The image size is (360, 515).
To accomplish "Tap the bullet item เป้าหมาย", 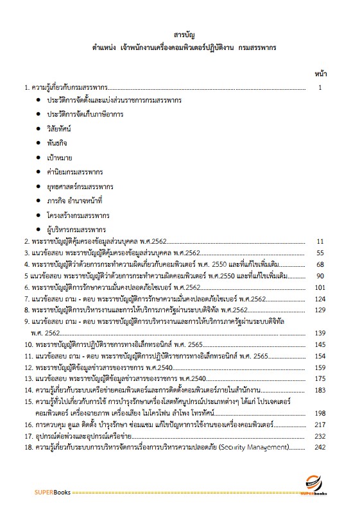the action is [60, 157].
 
